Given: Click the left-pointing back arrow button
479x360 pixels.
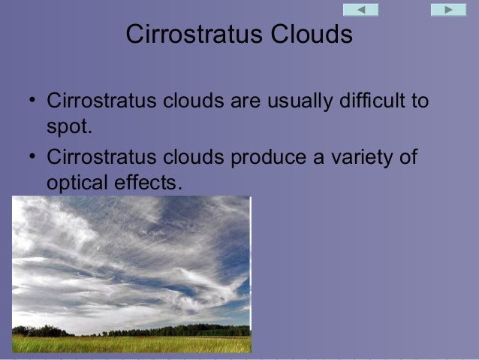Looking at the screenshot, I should [360, 10].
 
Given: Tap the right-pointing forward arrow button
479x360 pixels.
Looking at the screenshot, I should [448, 10].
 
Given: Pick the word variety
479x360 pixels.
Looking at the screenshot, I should [360, 158].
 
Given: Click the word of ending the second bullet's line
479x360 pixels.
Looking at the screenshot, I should [407, 158].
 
